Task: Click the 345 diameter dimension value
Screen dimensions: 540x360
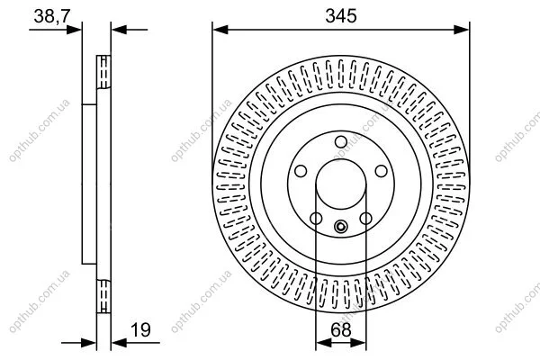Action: [x=340, y=16]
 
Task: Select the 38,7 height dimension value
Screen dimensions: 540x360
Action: [x=52, y=16]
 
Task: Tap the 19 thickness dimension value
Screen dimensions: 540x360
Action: [x=140, y=329]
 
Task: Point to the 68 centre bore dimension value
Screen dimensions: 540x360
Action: [x=340, y=329]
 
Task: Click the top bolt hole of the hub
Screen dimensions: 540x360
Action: [x=341, y=142]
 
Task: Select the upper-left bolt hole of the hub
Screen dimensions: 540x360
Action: [x=301, y=171]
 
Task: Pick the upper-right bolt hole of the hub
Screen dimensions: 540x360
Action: [x=382, y=171]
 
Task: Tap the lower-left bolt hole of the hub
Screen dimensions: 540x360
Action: [x=316, y=219]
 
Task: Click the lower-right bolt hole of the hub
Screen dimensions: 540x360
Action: [x=365, y=219]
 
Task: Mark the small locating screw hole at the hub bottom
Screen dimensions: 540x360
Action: [x=341, y=226]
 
